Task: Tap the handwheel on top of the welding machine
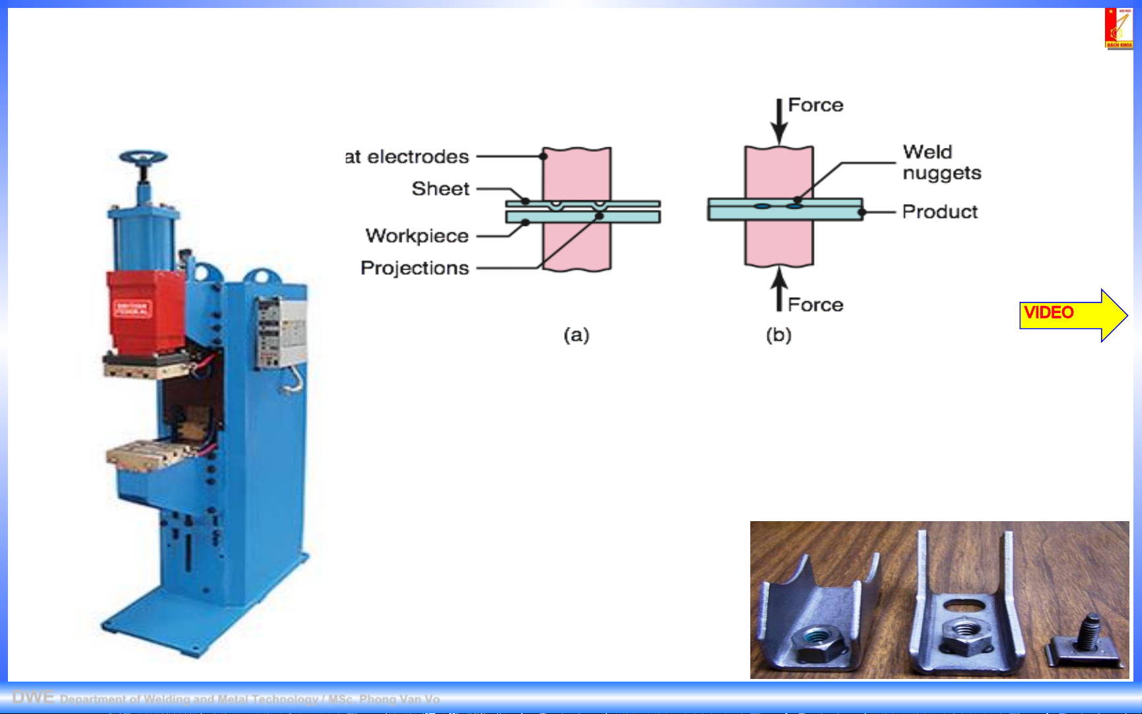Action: tap(143, 159)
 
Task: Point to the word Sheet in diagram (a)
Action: tap(440, 189)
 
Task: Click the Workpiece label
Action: tap(417, 236)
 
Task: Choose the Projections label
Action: tap(414, 268)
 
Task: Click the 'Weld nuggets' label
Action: tap(941, 162)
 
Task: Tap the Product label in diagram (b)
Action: tap(939, 212)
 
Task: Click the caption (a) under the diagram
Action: tap(576, 336)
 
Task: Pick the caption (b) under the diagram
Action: tap(778, 336)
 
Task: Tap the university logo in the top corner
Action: tap(1119, 28)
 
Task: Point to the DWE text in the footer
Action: tap(33, 697)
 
